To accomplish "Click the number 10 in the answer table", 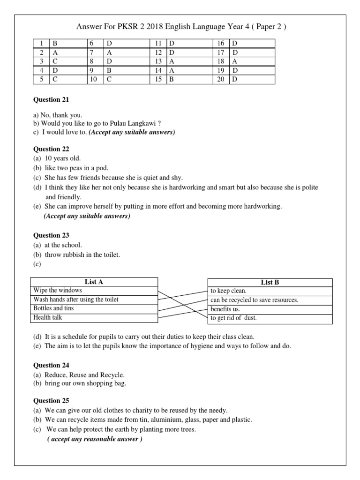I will (93, 79).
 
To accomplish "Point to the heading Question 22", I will (51, 149).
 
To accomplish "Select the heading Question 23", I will (51, 235).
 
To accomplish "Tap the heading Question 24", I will (51, 365).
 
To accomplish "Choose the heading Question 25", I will (51, 400).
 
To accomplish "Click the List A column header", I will (94, 282).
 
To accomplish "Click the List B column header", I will (270, 282).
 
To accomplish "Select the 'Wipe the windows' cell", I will (94, 291).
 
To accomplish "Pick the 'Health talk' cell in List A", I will (94, 318).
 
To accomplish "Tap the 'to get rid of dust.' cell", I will (270, 318).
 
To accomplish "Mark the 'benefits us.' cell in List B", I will (270, 309).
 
